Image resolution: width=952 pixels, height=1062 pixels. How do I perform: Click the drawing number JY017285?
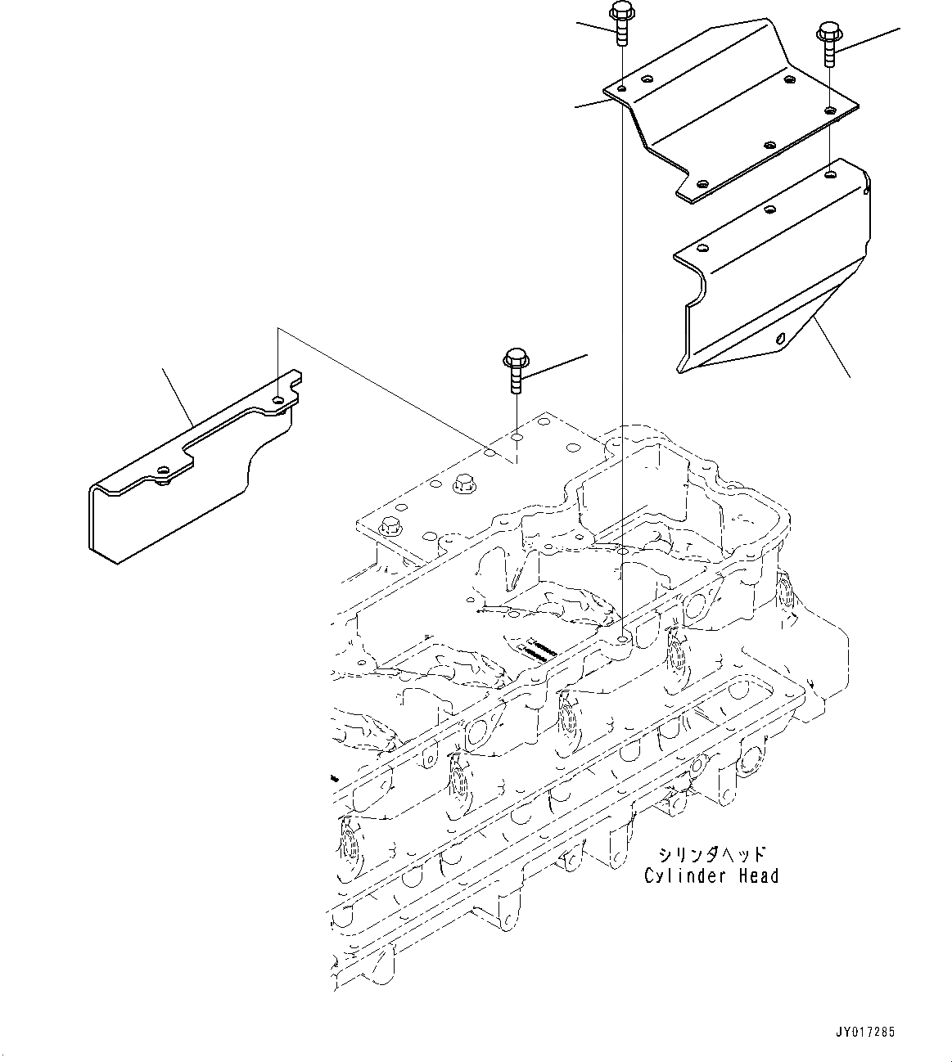click(866, 1032)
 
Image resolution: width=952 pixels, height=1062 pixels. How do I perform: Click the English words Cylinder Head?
click(711, 876)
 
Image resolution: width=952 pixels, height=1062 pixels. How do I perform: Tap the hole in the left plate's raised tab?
click(280, 399)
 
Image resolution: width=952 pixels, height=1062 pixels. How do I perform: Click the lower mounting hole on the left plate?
click(164, 470)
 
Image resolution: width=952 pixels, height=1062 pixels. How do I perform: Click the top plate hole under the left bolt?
click(622, 87)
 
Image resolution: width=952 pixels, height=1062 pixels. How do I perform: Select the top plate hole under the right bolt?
click(830, 109)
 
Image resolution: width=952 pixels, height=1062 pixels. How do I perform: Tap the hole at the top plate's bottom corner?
click(702, 184)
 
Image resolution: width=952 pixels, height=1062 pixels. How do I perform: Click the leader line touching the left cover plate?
click(178, 397)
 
